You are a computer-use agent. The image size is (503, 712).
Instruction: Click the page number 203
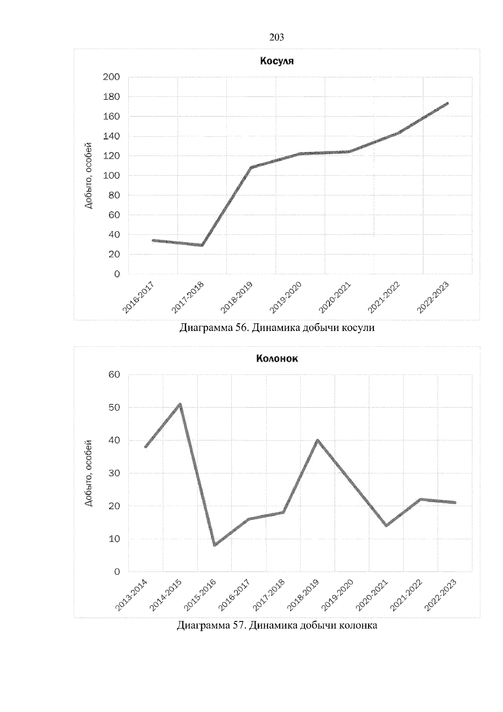[276, 38]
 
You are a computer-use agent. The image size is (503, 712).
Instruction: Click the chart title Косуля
[277, 61]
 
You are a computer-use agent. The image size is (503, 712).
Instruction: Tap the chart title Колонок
[277, 359]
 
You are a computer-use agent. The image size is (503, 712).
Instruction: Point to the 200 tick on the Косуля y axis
[111, 77]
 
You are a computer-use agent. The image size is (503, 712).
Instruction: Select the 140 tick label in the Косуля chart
[111, 136]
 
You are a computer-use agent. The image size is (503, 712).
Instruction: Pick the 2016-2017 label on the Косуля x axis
[139, 297]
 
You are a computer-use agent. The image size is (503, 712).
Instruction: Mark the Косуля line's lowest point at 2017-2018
[202, 245]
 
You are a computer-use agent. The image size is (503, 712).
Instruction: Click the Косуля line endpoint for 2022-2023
[447, 103]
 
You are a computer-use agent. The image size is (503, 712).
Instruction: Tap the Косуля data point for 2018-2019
[251, 168]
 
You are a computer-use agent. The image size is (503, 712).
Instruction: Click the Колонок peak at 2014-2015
[180, 404]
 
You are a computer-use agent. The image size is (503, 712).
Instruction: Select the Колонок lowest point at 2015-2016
[215, 545]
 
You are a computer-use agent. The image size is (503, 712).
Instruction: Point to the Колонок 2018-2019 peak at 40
[317, 440]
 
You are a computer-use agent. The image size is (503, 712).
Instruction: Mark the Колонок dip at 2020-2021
[386, 525]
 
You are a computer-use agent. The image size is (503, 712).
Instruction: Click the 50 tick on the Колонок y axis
[114, 408]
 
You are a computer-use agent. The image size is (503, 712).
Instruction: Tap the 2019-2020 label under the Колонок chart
[338, 595]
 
